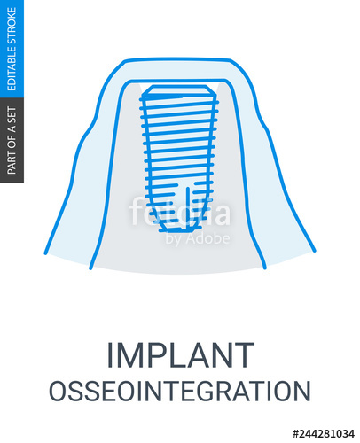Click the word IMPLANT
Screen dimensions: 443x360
[x=180, y=354]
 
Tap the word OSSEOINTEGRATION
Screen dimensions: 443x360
[x=180, y=392]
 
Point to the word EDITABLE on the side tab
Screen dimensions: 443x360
[x=12, y=66]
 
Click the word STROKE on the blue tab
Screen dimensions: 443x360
[x=12, y=24]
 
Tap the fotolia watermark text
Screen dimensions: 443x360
[x=179, y=213]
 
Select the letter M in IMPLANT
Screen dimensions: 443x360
[x=133, y=354]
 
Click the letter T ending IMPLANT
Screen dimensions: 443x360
[x=243, y=354]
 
